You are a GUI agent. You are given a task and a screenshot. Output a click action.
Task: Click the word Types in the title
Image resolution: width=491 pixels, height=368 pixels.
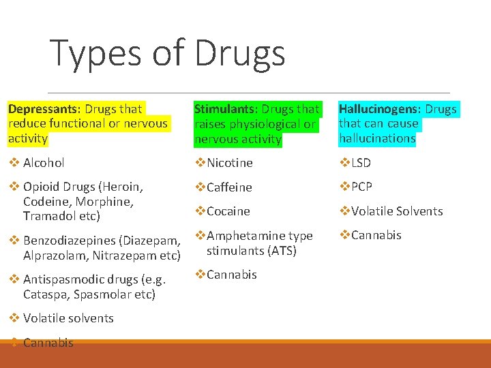[93, 53]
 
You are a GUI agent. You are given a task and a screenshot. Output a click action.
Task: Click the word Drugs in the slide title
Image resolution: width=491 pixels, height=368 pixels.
[239, 53]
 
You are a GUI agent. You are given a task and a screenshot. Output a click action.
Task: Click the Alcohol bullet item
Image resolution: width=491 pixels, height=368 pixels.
[44, 162]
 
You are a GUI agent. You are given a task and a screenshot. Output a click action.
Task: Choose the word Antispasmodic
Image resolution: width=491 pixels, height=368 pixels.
[62, 279]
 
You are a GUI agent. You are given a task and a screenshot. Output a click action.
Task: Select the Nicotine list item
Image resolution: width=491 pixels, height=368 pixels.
[230, 162]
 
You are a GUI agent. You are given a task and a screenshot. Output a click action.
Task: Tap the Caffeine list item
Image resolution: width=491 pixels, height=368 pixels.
[229, 187]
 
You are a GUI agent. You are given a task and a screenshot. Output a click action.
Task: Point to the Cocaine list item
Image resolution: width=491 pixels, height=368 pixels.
[228, 211]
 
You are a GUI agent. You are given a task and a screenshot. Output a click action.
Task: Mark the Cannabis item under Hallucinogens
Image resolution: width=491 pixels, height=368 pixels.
[376, 235]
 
